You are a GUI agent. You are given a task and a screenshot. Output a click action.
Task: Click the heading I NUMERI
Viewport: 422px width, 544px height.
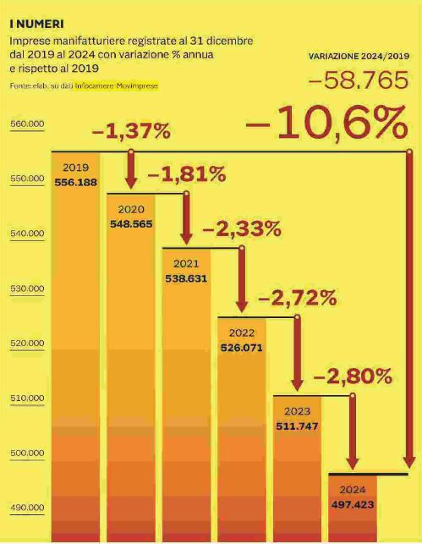[x=36, y=24]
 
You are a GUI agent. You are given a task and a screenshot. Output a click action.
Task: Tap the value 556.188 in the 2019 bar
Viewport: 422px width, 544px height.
[x=75, y=183]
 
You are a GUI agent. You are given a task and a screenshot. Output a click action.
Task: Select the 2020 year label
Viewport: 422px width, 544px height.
[x=131, y=210]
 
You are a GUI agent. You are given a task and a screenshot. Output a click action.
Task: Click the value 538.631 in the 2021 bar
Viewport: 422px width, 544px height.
[x=186, y=278]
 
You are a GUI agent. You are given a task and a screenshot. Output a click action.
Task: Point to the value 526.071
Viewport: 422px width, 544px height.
[x=242, y=348]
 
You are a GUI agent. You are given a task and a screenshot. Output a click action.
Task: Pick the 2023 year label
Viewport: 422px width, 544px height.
[x=297, y=411]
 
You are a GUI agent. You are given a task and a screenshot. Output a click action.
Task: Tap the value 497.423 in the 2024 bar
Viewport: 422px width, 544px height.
[x=353, y=504]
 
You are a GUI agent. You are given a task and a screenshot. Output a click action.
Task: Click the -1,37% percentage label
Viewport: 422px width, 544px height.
[x=131, y=131]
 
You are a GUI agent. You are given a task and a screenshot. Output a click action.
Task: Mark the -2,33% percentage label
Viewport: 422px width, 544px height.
[x=242, y=229]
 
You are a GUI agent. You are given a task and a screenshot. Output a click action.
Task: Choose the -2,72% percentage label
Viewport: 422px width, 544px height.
[x=298, y=298]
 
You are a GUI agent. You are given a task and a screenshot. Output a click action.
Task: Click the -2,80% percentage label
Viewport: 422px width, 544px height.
[x=353, y=376]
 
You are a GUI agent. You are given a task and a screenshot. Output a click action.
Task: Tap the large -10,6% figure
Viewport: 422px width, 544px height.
[x=326, y=123]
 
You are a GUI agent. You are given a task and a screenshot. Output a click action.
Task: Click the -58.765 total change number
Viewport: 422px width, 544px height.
[x=359, y=80]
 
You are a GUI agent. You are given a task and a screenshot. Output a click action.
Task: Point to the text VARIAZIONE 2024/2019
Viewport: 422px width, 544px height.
[x=359, y=56]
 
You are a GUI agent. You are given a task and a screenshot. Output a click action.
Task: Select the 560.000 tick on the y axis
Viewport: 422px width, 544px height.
[x=27, y=124]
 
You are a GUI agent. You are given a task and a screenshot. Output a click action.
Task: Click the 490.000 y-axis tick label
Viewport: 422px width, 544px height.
[x=27, y=508]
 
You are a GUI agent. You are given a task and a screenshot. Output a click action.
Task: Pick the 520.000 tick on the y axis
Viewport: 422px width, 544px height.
[x=27, y=343]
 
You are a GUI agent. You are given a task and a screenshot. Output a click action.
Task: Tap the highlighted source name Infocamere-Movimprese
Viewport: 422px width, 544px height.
[x=117, y=85]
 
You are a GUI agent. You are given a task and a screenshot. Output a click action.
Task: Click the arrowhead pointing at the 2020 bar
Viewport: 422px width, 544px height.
[x=131, y=182]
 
